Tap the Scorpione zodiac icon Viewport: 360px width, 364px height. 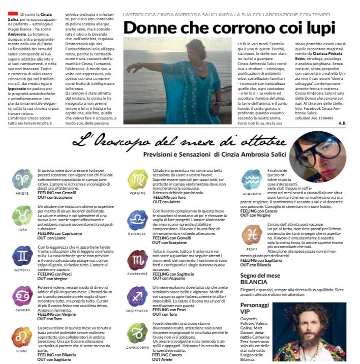pyautogui.click(x=138, y=260)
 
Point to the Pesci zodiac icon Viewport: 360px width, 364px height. pyautogui.click(x=252, y=234)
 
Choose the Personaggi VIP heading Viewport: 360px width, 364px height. pyautogui.click(x=255, y=308)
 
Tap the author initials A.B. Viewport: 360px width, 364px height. pyautogui.click(x=342, y=123)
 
